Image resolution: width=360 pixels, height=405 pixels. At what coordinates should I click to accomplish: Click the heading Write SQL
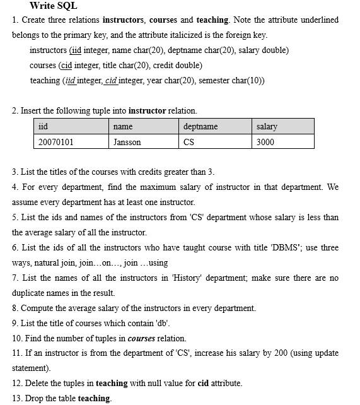pyautogui.click(x=53, y=6)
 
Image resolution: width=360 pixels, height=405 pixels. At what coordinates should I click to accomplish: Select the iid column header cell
pyautogui.click(x=43, y=127)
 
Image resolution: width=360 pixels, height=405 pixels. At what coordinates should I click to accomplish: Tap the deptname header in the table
pyautogui.click(x=200, y=127)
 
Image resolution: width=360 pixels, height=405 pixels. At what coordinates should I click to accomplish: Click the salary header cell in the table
pyautogui.click(x=267, y=127)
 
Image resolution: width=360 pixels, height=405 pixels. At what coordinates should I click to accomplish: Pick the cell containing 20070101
pyautogui.click(x=55, y=142)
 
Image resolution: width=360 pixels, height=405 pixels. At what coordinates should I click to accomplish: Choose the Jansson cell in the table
pyautogui.click(x=127, y=142)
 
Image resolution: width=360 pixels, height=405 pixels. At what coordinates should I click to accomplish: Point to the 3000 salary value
pyautogui.click(x=265, y=142)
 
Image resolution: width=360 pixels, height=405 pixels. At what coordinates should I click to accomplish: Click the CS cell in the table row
pyautogui.click(x=189, y=142)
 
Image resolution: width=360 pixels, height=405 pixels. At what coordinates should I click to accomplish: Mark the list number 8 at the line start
pyautogui.click(x=15, y=308)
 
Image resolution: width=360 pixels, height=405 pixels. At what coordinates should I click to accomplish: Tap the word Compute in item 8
pyautogui.click(x=38, y=308)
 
